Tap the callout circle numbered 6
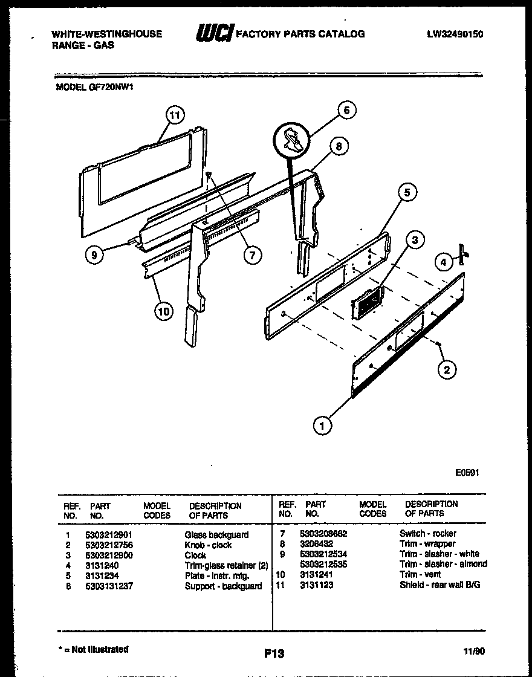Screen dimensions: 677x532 point(346,110)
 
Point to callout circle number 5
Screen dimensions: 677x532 point(407,193)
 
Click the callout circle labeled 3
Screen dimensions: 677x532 point(414,241)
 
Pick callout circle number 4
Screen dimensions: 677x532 point(443,262)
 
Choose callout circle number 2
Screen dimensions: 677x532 point(447,370)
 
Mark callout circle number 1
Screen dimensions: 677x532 point(322,426)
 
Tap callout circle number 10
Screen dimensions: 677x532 point(163,311)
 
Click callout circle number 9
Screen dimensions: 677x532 point(94,255)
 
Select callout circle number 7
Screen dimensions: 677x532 point(252,254)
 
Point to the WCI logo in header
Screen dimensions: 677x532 point(213,34)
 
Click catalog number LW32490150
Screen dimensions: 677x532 point(455,34)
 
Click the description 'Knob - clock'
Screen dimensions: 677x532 point(208,545)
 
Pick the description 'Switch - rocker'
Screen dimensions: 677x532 point(428,533)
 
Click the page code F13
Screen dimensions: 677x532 point(274,653)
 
